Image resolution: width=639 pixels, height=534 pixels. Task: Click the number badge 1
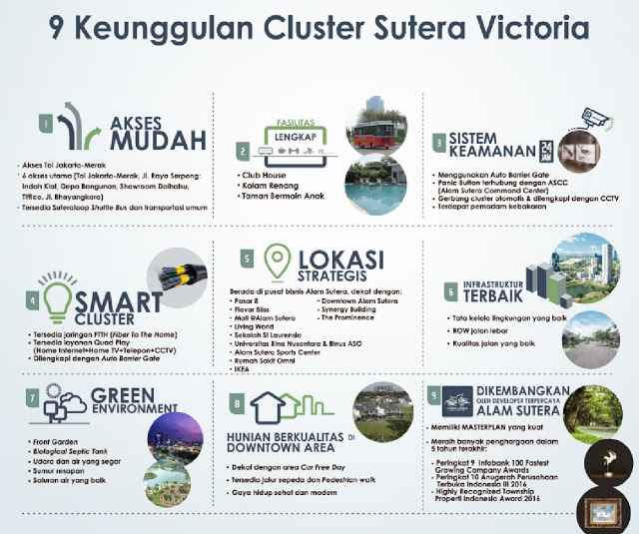pos(44,124)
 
